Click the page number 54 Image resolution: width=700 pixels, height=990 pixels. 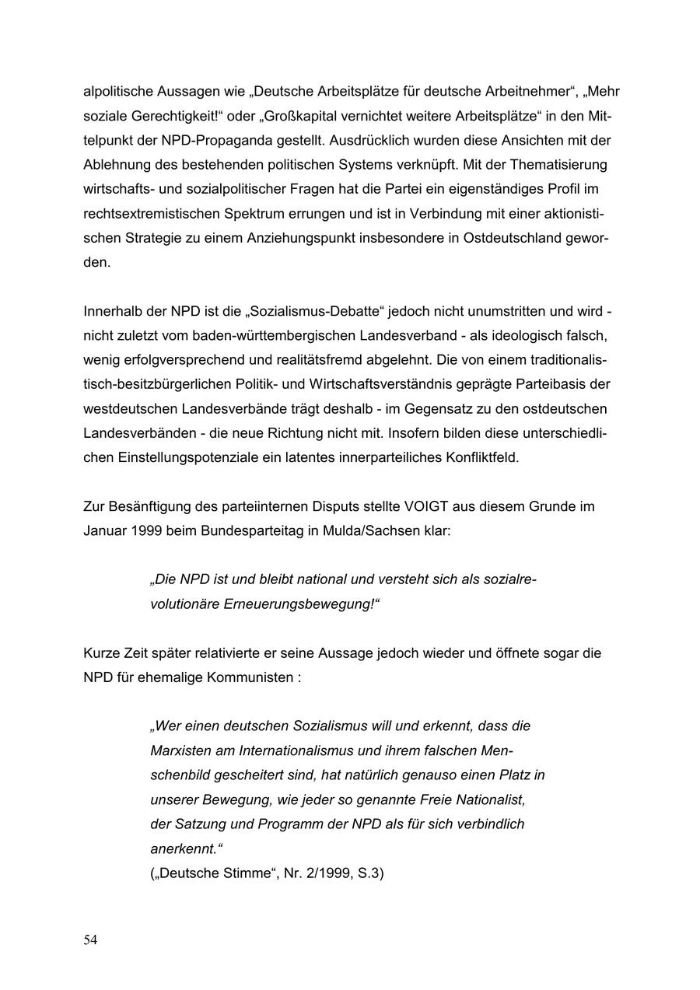(91, 940)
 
